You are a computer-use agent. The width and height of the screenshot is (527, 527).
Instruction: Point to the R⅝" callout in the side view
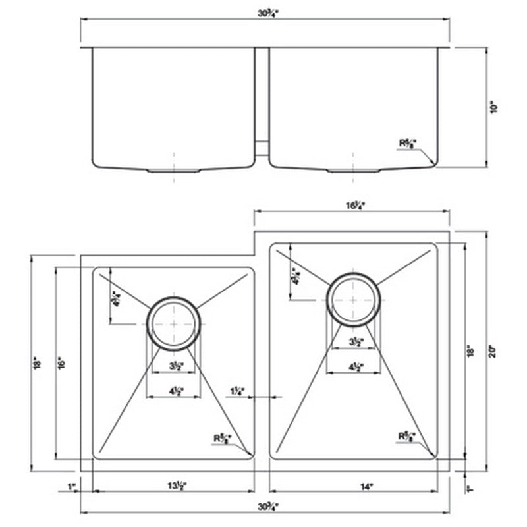point(407,142)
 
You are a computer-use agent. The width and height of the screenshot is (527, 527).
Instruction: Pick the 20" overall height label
point(490,352)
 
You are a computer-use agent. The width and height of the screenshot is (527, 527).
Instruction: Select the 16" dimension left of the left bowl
point(59,363)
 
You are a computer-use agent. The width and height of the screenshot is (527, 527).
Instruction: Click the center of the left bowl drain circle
point(174,323)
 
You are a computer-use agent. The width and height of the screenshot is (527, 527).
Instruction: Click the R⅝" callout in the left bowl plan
point(221,437)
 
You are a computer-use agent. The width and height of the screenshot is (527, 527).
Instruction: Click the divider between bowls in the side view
point(262,99)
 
